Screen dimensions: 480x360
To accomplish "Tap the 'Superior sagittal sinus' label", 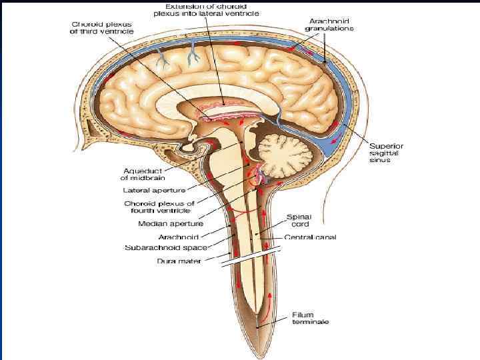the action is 387,153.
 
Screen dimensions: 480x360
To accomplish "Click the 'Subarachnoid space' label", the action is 167,248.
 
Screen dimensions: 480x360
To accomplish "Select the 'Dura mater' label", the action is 175,261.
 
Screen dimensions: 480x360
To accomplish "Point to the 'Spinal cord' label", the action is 298,220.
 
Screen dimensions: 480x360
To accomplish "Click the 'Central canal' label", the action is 310,237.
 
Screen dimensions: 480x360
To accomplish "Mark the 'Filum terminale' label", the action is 309,318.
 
